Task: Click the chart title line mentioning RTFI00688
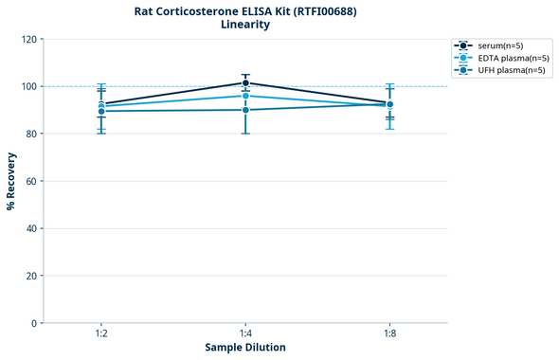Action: [245, 10]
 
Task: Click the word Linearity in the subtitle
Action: [245, 25]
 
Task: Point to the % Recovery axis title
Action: [11, 181]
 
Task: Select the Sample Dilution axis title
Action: [245, 348]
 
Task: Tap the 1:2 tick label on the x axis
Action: [101, 333]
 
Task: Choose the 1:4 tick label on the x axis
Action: [245, 333]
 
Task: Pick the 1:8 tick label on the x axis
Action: [389, 333]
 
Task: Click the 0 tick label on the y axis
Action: [34, 323]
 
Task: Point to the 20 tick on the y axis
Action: [31, 276]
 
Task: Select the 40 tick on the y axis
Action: [31, 228]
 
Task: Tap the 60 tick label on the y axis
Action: [31, 181]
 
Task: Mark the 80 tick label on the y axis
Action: [31, 134]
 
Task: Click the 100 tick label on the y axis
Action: [28, 86]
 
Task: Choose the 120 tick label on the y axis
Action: [28, 39]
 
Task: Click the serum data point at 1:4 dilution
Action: [245, 82]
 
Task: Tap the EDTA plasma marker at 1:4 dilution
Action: [245, 96]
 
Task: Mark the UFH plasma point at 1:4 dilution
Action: [245, 110]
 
